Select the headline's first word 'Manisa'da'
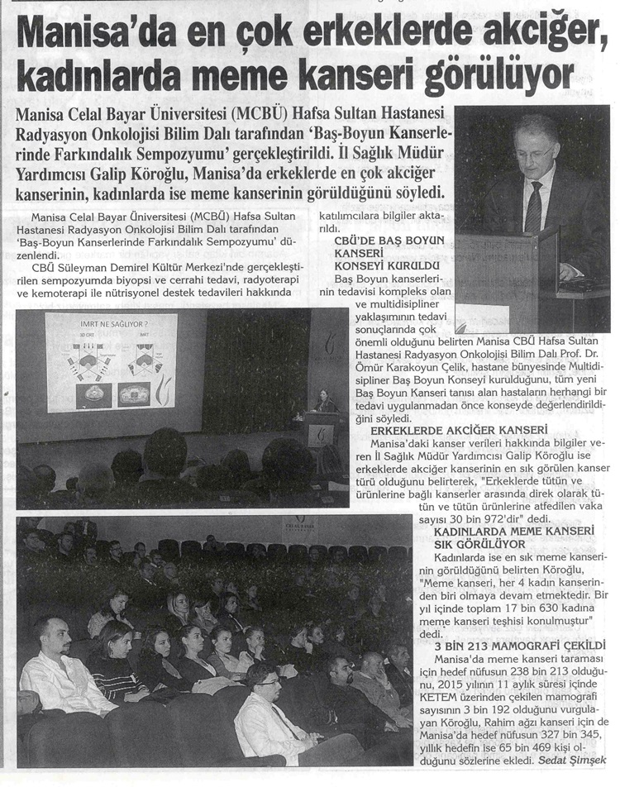point(91,37)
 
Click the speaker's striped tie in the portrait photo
point(533,206)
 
